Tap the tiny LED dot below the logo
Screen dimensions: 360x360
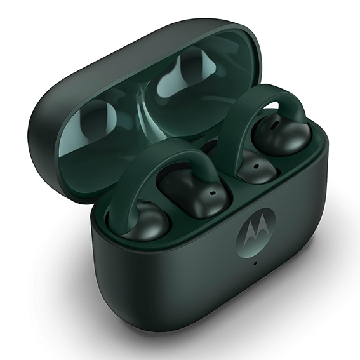pyautogui.click(x=255, y=263)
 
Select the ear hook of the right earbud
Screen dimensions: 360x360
pyautogui.click(x=254, y=102)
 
